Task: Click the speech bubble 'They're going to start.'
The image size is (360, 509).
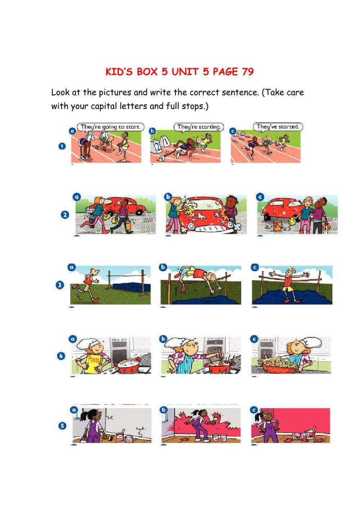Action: [110, 127]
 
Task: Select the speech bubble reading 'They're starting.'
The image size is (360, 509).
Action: [199, 127]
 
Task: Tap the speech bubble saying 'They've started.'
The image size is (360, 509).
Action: [278, 127]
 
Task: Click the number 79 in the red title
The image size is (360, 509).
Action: [248, 72]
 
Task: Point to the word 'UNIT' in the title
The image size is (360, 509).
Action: [186, 72]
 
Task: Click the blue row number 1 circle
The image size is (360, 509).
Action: [62, 146]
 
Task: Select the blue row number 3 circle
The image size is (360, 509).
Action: [60, 285]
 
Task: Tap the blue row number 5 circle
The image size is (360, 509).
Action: [62, 426]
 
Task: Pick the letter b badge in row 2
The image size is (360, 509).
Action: [168, 197]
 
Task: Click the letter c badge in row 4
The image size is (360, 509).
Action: [254, 339]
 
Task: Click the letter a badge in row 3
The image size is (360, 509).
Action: [72, 267]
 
